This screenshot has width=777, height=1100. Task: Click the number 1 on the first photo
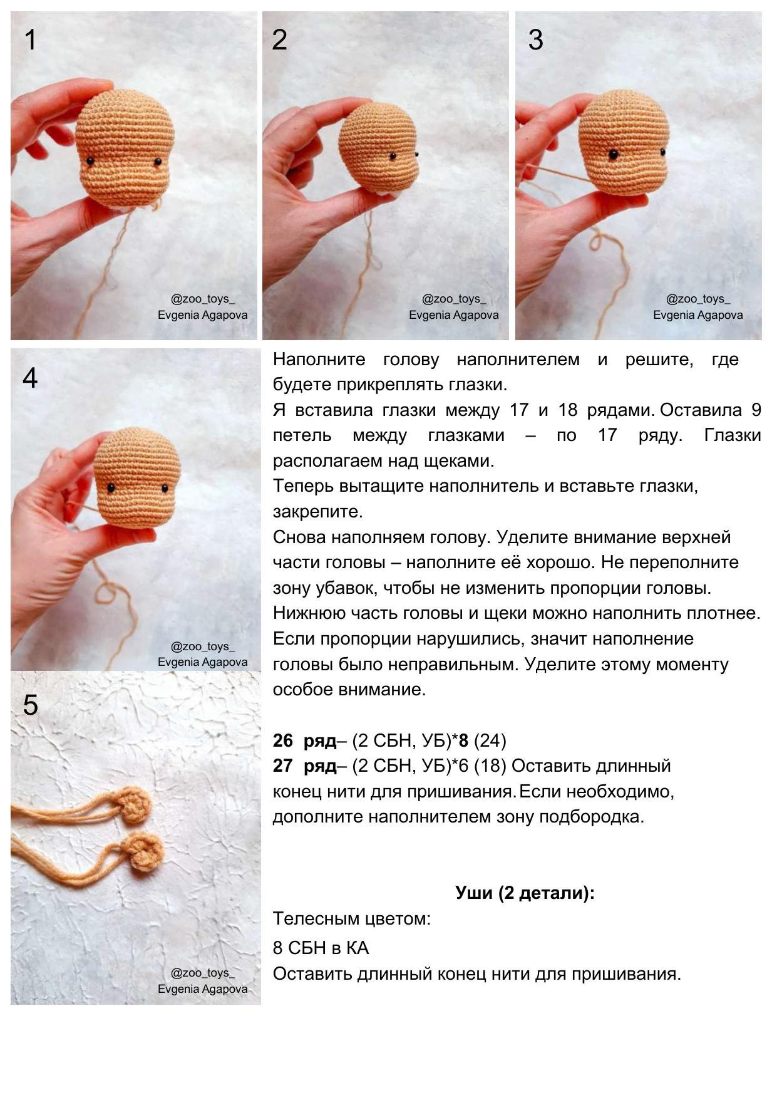(x=30, y=40)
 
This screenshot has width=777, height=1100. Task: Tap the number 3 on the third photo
(x=535, y=40)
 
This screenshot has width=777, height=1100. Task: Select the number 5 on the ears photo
(x=30, y=705)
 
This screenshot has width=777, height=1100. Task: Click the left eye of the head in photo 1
(x=90, y=161)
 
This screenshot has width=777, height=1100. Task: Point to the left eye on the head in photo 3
(x=614, y=154)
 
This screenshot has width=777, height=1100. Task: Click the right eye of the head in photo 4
(x=165, y=488)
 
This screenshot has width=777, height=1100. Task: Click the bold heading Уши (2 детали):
(x=525, y=893)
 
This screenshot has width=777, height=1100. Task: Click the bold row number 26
(x=283, y=740)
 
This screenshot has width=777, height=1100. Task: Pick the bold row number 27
(x=283, y=765)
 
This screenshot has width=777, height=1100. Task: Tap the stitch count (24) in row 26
(x=490, y=740)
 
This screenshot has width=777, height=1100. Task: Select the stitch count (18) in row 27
(x=490, y=765)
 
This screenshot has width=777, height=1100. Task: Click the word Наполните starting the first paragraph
(x=319, y=360)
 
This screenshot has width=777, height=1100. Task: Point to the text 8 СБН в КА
(x=321, y=948)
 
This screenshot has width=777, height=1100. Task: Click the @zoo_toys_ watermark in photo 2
(x=453, y=299)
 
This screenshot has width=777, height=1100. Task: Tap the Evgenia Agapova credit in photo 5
(x=202, y=988)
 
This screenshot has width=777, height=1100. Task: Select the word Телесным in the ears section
(x=311, y=918)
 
